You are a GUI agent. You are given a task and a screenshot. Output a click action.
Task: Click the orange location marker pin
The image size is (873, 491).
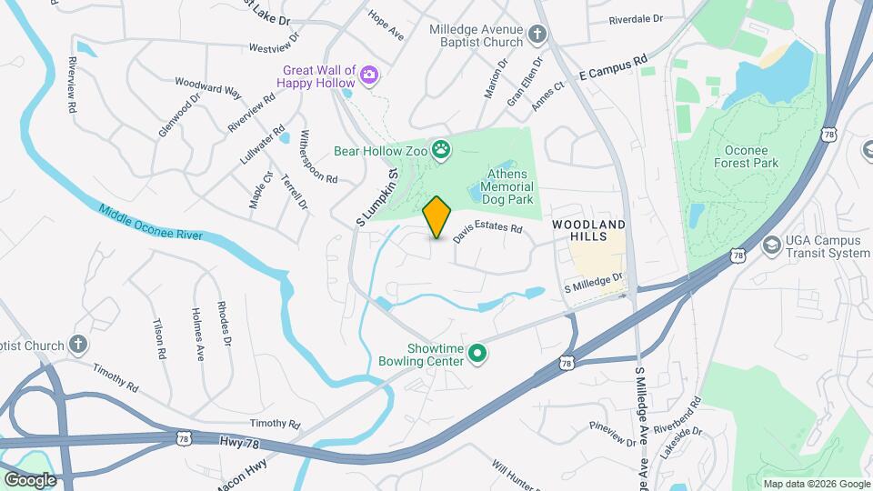click(x=437, y=216)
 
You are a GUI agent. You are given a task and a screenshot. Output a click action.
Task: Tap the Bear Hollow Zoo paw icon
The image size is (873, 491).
click(x=442, y=149)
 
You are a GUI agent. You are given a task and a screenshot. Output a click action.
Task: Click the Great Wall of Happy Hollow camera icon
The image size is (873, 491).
click(x=369, y=75)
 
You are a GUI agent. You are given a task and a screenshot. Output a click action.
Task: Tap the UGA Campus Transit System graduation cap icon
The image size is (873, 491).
click(x=772, y=245)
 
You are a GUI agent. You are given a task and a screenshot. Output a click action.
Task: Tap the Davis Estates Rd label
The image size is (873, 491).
click(x=488, y=235)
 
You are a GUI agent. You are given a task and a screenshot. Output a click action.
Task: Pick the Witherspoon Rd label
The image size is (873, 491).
click(x=318, y=155)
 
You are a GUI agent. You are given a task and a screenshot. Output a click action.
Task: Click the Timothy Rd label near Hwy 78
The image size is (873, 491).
click(x=275, y=424)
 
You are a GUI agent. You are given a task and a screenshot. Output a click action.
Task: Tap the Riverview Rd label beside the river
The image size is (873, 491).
click(x=72, y=87)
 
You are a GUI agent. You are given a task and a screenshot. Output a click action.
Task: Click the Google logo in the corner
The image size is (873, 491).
click(x=30, y=479)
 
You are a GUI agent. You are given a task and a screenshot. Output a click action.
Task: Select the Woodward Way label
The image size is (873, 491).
click(x=208, y=86)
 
